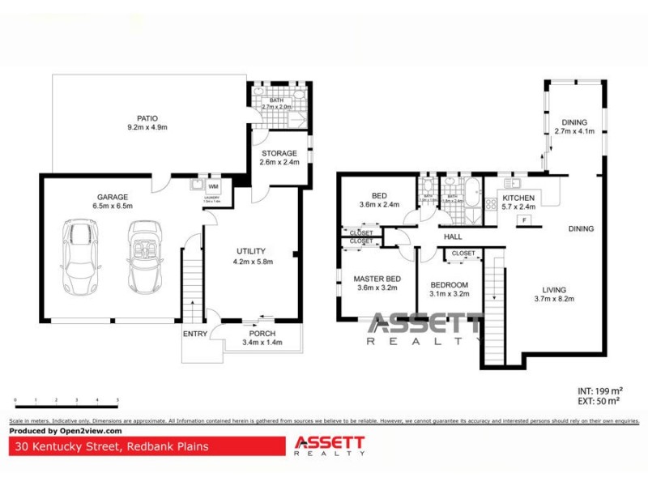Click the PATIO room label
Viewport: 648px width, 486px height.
pyautogui.click(x=147, y=117)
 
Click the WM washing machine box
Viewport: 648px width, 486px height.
pyautogui.click(x=214, y=185)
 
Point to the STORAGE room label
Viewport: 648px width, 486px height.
pyautogui.click(x=279, y=153)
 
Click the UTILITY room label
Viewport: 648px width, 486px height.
pyautogui.click(x=251, y=251)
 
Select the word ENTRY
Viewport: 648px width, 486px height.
pyautogui.click(x=195, y=334)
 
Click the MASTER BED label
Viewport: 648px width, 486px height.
pyautogui.click(x=377, y=279)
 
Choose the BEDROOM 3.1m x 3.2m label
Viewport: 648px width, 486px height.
pyautogui.click(x=449, y=285)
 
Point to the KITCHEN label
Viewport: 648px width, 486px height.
pyautogui.click(x=519, y=198)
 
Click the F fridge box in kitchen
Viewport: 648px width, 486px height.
pyautogui.click(x=524, y=220)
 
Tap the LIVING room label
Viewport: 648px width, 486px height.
pyautogui.click(x=554, y=290)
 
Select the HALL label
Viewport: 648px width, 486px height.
pyautogui.click(x=453, y=237)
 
